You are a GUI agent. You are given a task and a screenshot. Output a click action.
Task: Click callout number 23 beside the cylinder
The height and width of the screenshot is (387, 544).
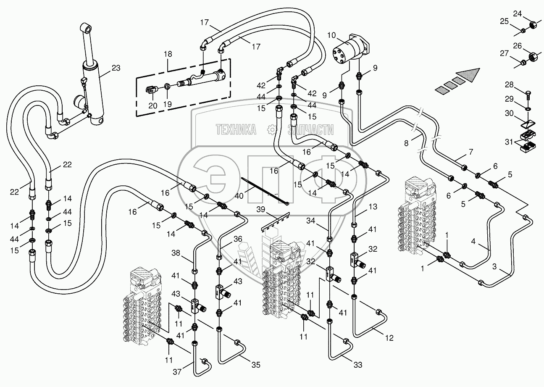point(116,68)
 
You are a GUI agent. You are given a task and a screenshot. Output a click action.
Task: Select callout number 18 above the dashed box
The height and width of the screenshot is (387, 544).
point(168,55)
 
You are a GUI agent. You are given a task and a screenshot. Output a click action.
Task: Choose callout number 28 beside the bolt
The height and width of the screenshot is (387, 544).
point(509,85)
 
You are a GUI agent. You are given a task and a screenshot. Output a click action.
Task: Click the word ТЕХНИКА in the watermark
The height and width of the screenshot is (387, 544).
point(236,130)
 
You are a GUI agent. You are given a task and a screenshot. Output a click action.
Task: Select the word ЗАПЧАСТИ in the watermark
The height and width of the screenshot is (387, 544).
point(310,130)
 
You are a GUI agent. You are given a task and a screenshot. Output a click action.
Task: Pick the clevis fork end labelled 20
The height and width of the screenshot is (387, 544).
point(152,89)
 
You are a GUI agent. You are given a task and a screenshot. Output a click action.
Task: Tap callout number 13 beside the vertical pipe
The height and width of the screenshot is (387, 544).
point(373,207)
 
